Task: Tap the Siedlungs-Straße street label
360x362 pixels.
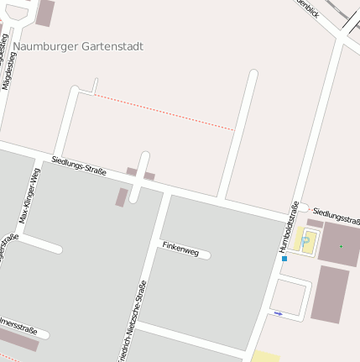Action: click(x=79, y=165)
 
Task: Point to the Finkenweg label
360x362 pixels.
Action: click(x=180, y=248)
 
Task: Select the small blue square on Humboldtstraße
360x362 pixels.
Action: click(x=284, y=259)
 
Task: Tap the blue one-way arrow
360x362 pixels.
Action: click(x=279, y=314)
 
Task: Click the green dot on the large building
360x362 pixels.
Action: click(x=341, y=246)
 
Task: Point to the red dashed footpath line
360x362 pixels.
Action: click(x=163, y=112)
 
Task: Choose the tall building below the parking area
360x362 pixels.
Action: click(x=329, y=295)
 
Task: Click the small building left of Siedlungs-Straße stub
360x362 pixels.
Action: click(x=122, y=197)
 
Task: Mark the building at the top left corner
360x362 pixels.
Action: click(x=44, y=12)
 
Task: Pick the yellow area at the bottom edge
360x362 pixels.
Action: click(x=265, y=356)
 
